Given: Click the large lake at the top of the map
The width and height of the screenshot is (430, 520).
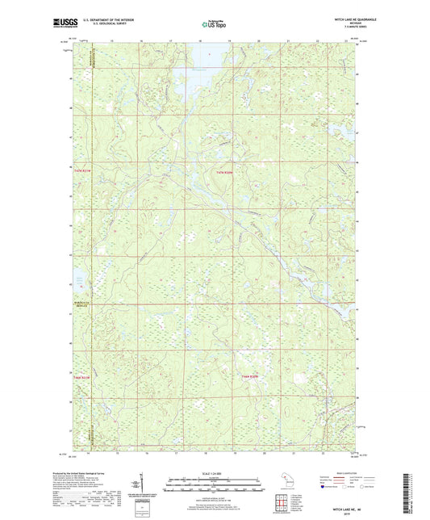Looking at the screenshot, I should (x=196, y=57).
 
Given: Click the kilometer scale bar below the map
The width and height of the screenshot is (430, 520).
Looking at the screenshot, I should (x=214, y=484).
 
